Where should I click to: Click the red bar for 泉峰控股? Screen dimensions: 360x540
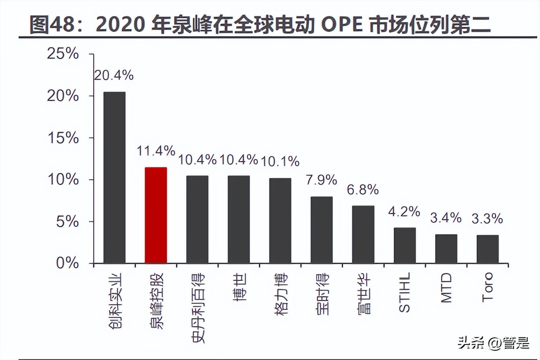155,215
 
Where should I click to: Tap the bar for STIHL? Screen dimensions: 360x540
404,245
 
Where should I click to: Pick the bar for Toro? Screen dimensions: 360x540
487,249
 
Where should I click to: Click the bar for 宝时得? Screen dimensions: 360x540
322,230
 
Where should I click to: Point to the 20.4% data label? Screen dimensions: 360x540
114,75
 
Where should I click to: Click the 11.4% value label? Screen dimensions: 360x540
155,151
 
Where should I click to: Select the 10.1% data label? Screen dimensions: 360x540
280,162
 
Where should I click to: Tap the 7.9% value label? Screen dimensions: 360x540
322,180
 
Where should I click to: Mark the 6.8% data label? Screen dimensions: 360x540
363,189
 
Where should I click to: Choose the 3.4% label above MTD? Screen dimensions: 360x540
446,217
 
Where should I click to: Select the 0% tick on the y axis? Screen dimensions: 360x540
67,263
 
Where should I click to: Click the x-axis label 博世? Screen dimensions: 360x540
239,287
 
